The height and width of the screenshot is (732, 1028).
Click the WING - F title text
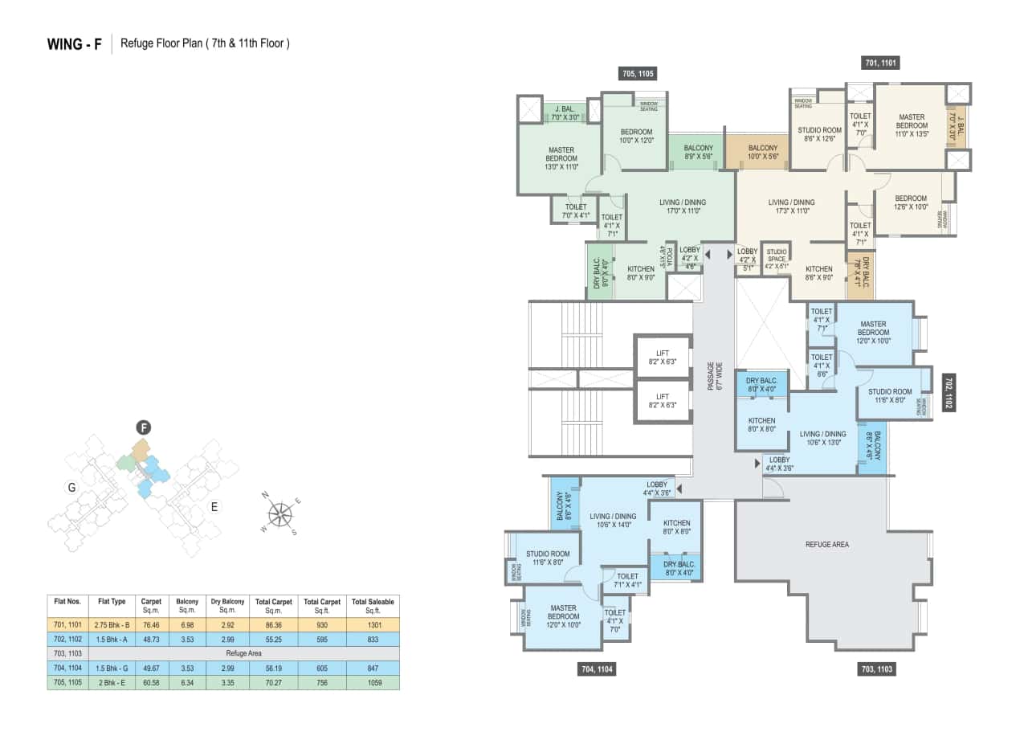pos(75,44)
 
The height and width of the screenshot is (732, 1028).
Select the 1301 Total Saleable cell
pos(373,624)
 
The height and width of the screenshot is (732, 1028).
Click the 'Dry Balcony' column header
pos(227,605)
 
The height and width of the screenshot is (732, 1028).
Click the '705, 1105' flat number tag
pos(638,74)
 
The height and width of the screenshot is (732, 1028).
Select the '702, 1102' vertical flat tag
pos(948,392)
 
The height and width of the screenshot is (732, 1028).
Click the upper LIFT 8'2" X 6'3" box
pos(663,358)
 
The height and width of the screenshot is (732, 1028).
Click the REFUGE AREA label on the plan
pos(827,545)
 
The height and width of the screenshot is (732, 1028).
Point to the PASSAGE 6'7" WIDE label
pos(715,376)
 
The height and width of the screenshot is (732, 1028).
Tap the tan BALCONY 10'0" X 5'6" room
pos(762,153)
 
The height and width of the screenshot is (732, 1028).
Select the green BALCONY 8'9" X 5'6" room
pos(698,153)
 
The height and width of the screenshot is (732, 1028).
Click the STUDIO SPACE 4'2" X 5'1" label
pos(776,259)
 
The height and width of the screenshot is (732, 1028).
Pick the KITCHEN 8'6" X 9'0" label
pos(819,273)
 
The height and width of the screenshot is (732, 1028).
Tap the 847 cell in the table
pos(373,668)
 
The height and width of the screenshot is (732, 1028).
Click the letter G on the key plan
pos(71,487)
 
